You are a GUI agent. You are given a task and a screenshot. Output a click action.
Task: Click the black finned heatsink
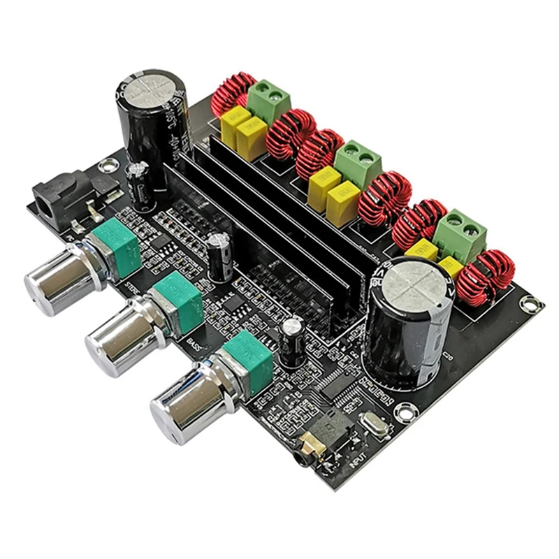click(x=279, y=224)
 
